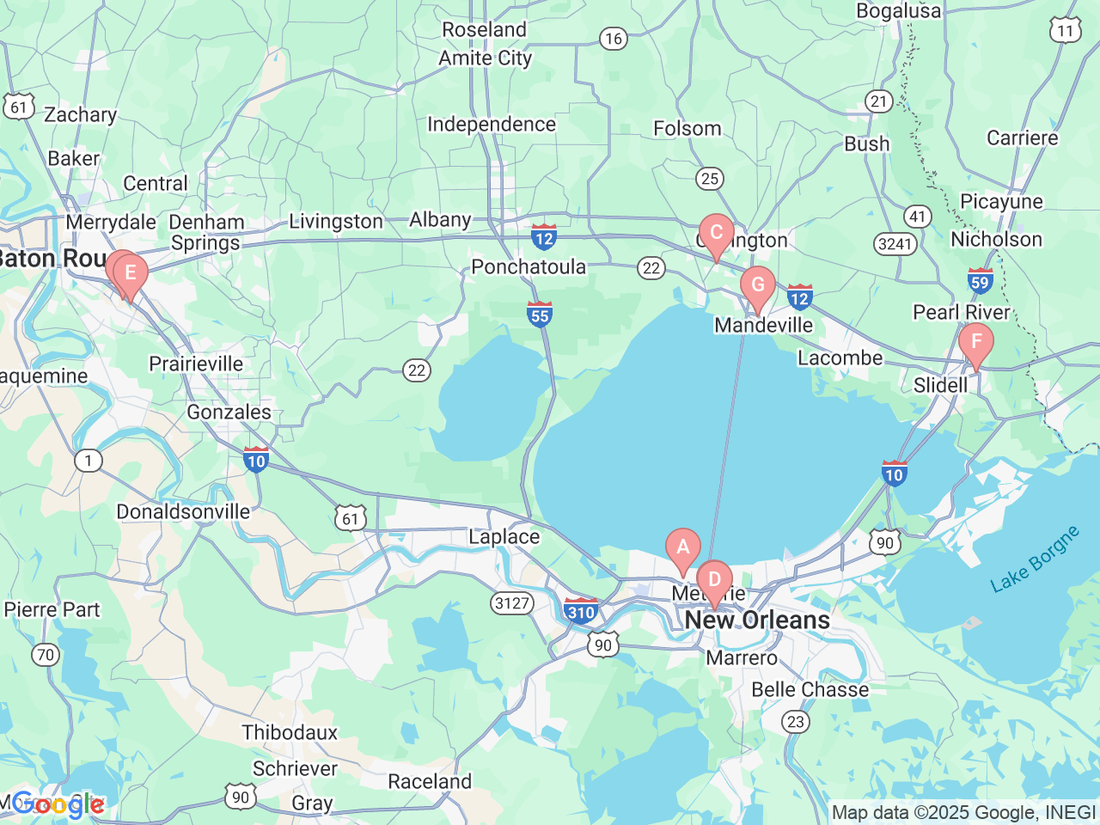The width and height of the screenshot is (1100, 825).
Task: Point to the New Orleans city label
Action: [757, 620]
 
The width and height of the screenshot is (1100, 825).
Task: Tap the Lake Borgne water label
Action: [1035, 559]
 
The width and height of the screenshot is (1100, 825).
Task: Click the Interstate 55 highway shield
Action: [540, 314]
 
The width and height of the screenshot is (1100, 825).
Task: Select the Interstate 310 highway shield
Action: [582, 611]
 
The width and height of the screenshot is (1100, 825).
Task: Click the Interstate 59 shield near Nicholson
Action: [980, 280]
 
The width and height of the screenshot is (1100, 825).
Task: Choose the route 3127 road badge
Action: [512, 602]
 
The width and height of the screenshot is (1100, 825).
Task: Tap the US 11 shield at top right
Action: [1065, 30]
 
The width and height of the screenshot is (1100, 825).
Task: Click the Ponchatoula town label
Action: [529, 267]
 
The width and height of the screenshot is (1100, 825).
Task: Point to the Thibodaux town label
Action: [290, 733]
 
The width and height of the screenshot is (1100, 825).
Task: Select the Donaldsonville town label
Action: [183, 512]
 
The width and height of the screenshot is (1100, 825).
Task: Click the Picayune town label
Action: [1001, 202]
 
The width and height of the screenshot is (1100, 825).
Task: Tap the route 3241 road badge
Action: [895, 244]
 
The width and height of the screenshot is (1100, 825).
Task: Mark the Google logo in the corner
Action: [58, 805]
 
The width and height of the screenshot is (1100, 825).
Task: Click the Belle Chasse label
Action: [810, 690]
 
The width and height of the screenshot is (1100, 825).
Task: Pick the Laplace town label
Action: [504, 537]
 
